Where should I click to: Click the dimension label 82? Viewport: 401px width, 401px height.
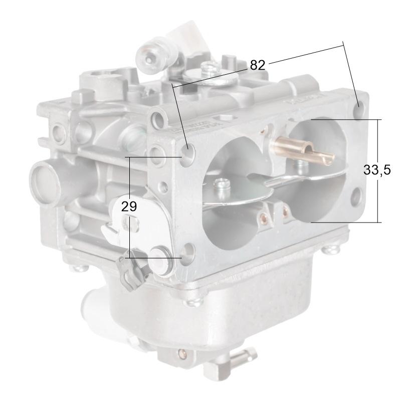coord(257,65)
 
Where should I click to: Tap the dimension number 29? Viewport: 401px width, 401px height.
coord(129,206)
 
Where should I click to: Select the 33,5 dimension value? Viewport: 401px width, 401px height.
coord(377,170)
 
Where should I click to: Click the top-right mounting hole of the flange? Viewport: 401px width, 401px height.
coord(359,105)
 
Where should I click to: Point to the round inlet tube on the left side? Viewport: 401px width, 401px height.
coord(46,178)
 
